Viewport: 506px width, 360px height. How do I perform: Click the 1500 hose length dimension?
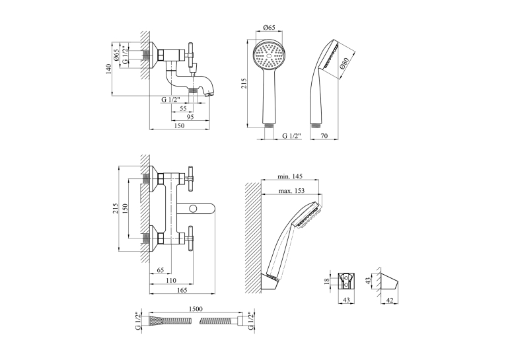pyautogui.click(x=196, y=309)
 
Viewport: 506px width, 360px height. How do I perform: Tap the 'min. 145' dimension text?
pyautogui.click(x=290, y=176)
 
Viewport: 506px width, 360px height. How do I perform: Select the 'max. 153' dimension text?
pyautogui.click(x=291, y=191)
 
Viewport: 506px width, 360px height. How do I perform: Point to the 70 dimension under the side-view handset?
pyautogui.click(x=324, y=136)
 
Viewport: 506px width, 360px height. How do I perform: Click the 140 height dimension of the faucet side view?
pyautogui.click(x=108, y=69)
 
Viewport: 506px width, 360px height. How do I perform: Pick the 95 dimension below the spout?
pyautogui.click(x=190, y=117)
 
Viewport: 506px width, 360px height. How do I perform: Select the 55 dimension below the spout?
pyautogui.click(x=183, y=108)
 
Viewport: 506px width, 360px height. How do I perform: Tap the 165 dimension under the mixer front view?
pyautogui.click(x=182, y=291)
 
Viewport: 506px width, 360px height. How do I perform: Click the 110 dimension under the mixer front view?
pyautogui.click(x=170, y=281)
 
